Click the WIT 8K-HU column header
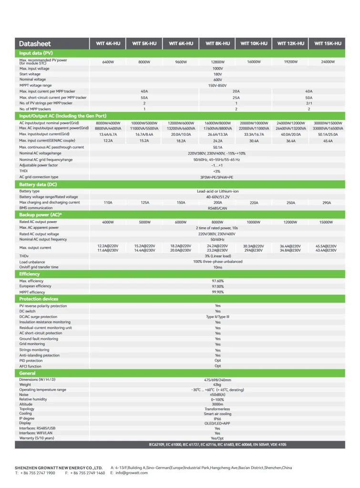click(x=217, y=44)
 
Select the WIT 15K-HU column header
click(x=328, y=44)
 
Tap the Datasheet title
click(x=35, y=44)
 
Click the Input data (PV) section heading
click(x=36, y=53)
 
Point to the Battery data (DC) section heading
click(x=38, y=184)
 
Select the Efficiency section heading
click(x=30, y=274)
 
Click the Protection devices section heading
click(x=39, y=299)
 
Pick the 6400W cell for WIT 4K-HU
click(x=108, y=62)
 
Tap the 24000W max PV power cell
click(x=328, y=62)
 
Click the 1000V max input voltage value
click(x=217, y=69)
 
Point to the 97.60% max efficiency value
click(x=217, y=281)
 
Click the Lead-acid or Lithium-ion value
click(x=217, y=191)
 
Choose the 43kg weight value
click(x=217, y=385)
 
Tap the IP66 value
click(x=217, y=418)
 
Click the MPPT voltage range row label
click(x=36, y=85)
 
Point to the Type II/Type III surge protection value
click(x=217, y=316)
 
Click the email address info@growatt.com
click(x=129, y=473)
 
